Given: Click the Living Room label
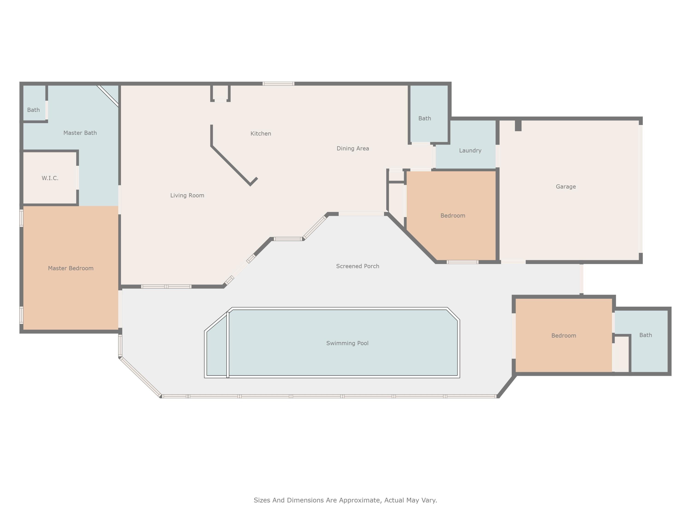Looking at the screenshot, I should [187, 195].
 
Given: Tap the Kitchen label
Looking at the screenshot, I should [261, 134].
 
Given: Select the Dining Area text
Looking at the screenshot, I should [353, 149].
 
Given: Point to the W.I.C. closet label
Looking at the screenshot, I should [50, 178].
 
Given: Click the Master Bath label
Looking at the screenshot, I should [80, 133].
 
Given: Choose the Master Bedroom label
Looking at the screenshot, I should [71, 268].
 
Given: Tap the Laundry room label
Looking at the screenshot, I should [470, 151].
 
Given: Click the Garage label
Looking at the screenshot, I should [565, 187].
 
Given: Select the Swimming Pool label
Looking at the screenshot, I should [347, 343].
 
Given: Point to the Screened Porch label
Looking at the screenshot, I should [357, 266].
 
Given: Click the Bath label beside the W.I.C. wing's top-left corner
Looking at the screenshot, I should [33, 110].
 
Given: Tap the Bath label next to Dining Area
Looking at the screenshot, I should [425, 118].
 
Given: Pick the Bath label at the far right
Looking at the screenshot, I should [645, 335].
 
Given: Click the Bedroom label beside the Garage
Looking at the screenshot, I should [452, 216].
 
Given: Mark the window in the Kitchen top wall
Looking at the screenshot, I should [278, 84].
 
